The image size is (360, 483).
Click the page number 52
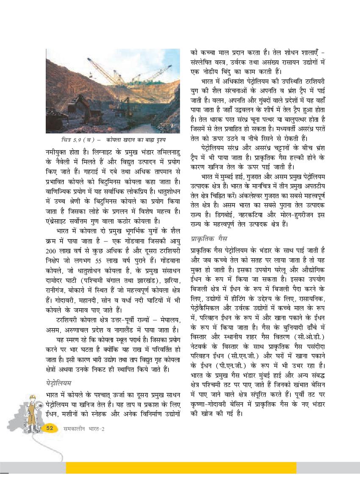click(x=50, y=428)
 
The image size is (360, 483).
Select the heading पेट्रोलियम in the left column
click(x=59, y=382)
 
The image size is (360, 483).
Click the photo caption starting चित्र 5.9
click(x=113, y=140)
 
